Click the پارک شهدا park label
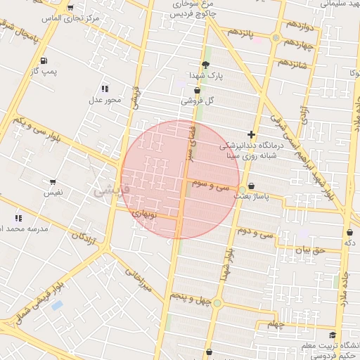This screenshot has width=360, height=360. [205, 75]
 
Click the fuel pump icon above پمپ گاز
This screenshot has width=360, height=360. [44, 60]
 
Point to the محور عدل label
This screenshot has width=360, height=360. [105, 100]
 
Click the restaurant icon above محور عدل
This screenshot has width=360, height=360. [105, 89]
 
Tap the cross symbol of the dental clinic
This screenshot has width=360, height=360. [251, 134]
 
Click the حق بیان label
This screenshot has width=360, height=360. [307, 249]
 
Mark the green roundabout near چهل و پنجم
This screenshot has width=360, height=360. [217, 303]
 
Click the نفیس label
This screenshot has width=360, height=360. [53, 191]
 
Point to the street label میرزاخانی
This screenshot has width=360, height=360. [138, 279]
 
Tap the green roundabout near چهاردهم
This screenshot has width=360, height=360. [276, 38]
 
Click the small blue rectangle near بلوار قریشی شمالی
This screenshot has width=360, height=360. [57, 306]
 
